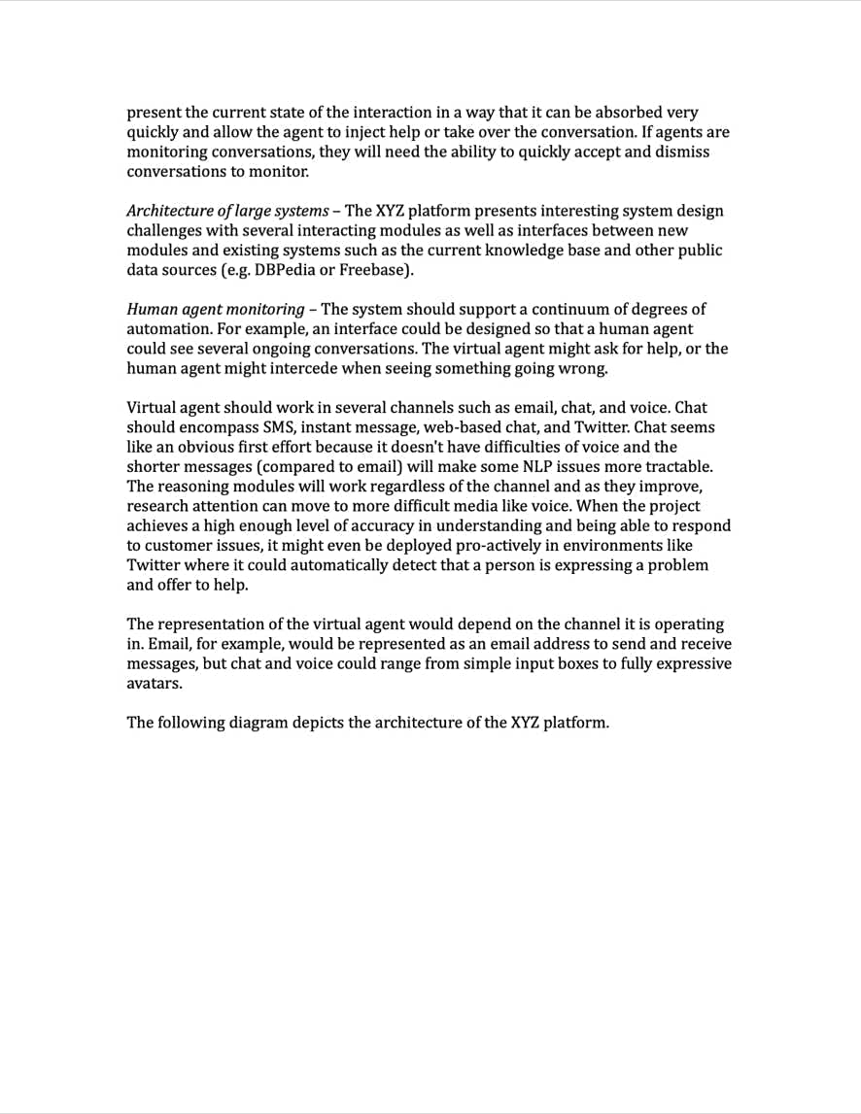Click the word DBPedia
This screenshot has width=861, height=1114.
[284, 270]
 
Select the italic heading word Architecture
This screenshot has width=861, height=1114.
[168, 211]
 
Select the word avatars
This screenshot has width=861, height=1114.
[155, 683]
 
